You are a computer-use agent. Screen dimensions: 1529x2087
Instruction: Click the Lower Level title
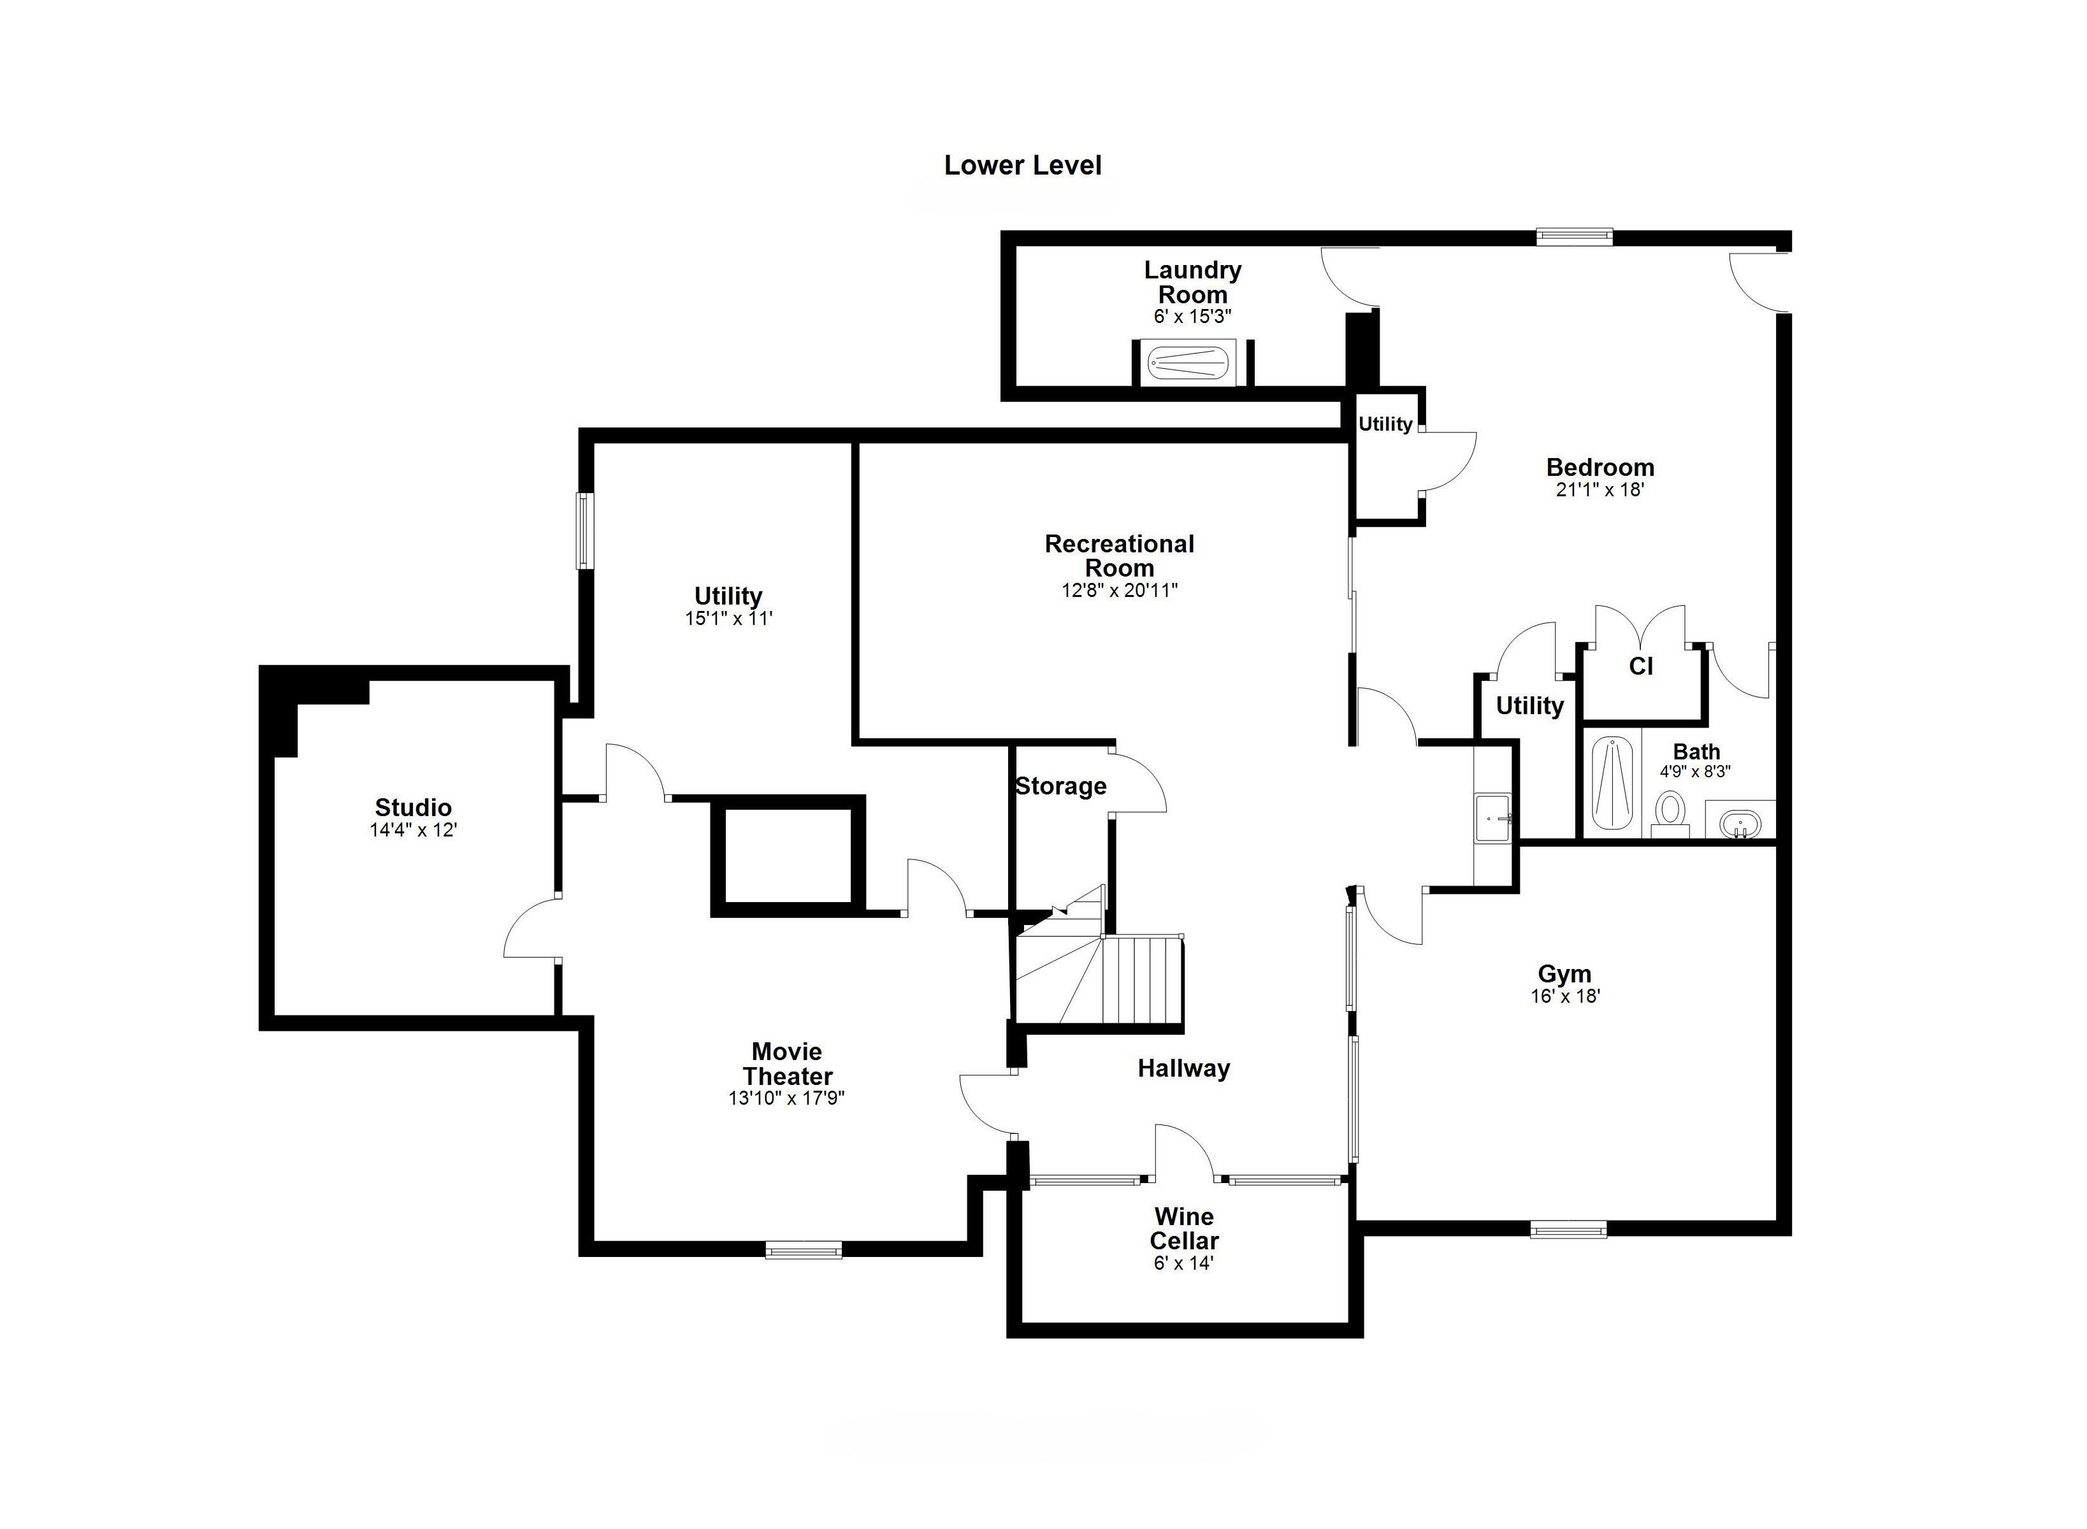click(1022, 166)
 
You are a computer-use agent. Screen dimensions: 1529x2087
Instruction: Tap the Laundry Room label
click(1192, 282)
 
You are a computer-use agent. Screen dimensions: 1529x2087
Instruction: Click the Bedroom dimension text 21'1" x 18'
click(1600, 490)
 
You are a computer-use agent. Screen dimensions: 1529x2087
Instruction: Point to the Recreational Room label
click(1120, 556)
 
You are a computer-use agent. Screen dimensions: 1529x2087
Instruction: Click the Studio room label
click(413, 807)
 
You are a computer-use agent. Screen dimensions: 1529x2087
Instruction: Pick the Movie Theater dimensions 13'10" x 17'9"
click(787, 1098)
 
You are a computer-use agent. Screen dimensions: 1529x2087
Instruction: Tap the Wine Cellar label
click(1184, 1228)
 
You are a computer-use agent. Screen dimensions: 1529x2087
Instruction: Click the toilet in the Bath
click(1670, 812)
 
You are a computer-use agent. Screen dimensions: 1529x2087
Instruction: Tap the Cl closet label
click(1641, 666)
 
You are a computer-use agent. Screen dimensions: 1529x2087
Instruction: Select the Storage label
click(1061, 787)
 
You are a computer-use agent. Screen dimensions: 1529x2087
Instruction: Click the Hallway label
click(1183, 1068)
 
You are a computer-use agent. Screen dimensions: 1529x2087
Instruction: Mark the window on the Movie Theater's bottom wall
click(804, 1251)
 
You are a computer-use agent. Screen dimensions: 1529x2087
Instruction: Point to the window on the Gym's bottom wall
click(1568, 1230)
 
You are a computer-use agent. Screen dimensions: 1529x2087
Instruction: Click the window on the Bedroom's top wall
click(1574, 237)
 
